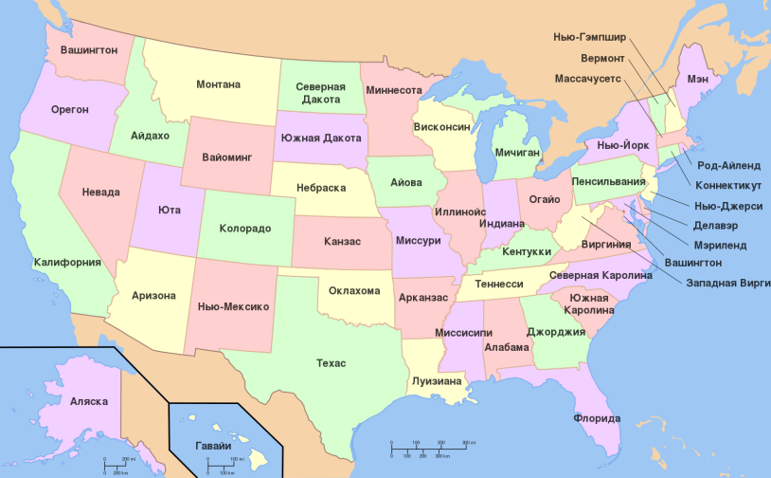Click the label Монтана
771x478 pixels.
tap(218, 84)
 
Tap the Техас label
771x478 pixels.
tap(331, 363)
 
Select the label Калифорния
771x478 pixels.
tap(67, 262)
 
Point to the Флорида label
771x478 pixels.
tap(597, 418)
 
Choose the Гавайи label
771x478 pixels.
tap(212, 446)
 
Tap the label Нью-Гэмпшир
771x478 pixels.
tap(589, 37)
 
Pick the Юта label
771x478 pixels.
tap(170, 210)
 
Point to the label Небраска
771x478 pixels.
tap(320, 188)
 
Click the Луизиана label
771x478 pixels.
tap(438, 381)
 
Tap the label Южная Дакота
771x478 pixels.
tap(320, 137)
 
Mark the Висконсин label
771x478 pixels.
tap(441, 126)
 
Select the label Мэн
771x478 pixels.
tap(698, 79)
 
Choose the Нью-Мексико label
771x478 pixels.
tap(234, 306)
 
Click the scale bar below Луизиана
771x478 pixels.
tap(430, 448)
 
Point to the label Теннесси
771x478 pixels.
tap(499, 284)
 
